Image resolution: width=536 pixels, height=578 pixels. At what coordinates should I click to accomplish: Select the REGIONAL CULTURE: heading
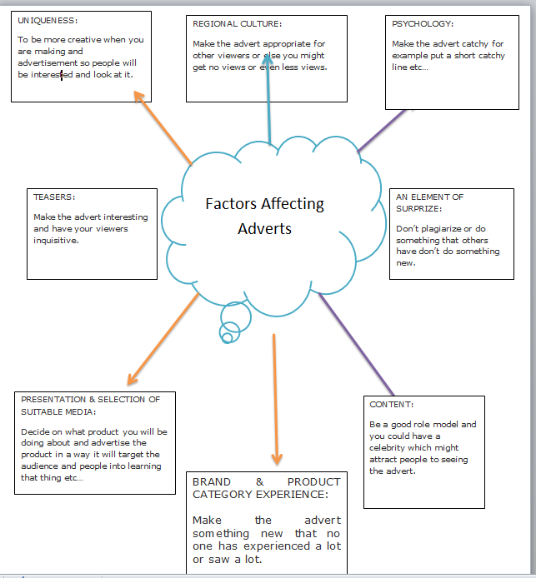point(238,24)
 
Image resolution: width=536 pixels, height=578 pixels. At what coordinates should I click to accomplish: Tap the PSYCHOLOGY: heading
point(423,23)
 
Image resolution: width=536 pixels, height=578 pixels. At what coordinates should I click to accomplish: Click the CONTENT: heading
point(392,405)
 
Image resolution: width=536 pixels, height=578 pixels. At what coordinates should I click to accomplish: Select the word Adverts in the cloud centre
point(265,228)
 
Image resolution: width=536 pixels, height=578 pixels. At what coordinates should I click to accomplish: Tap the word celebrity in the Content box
point(391,447)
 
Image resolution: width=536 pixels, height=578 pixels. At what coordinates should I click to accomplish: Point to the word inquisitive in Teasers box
point(56,241)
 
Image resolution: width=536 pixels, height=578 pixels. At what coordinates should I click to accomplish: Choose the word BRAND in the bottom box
point(212,482)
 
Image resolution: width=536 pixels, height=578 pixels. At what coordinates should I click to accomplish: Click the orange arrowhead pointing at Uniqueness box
point(140,98)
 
